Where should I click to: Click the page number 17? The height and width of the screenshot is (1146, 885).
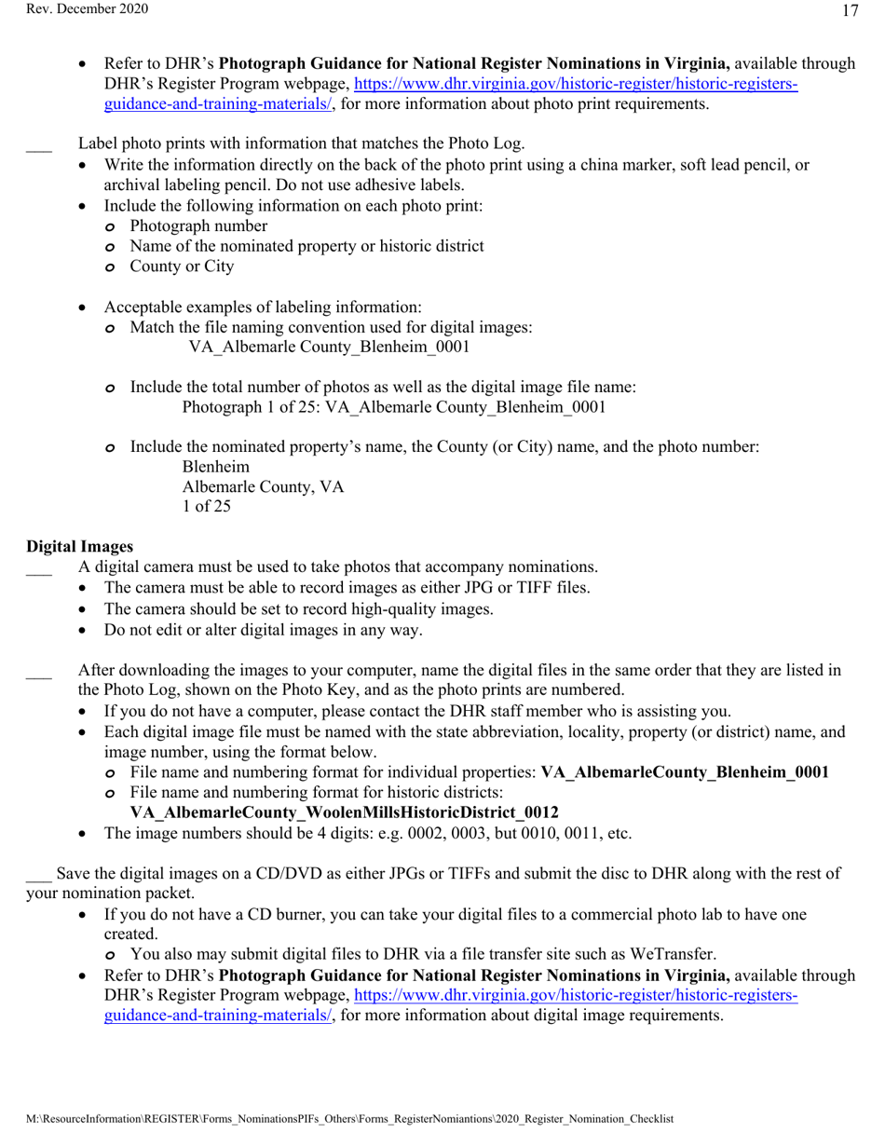tap(849, 11)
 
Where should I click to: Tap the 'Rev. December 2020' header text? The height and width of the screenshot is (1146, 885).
tap(75, 9)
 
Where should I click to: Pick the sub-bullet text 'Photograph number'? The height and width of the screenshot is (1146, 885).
tap(198, 225)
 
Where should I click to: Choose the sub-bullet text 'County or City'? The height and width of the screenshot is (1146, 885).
tap(182, 266)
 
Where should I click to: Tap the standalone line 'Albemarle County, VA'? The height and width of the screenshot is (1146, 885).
tap(263, 486)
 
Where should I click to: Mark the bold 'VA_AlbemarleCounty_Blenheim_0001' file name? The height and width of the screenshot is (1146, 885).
tap(685, 771)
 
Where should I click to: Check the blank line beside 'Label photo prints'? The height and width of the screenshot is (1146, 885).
tap(38, 145)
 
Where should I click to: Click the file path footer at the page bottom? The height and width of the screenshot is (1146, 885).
tap(349, 1118)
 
